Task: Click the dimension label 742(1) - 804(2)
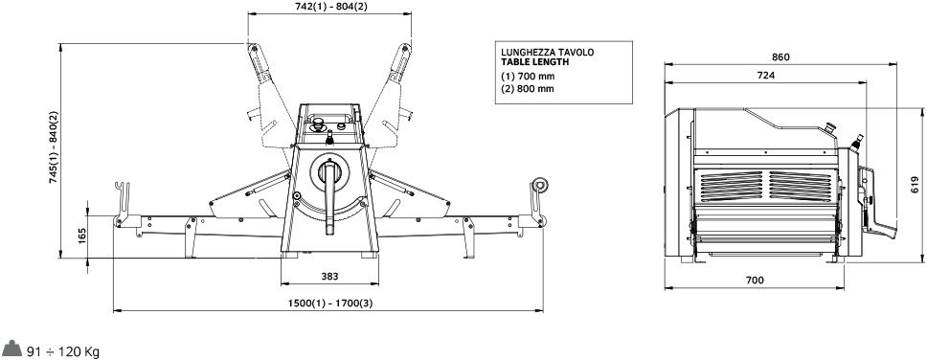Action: pyautogui.click(x=330, y=7)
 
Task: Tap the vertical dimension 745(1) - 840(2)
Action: pyautogui.click(x=54, y=147)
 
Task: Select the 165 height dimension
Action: pyautogui.click(x=81, y=236)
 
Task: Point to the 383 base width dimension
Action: pyautogui.click(x=329, y=276)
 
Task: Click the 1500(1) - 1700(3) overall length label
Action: pyautogui.click(x=330, y=304)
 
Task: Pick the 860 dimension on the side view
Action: pyautogui.click(x=780, y=57)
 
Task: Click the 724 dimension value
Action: pyautogui.click(x=765, y=75)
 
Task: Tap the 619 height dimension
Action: pyautogui.click(x=915, y=185)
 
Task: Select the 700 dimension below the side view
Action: pyautogui.click(x=755, y=281)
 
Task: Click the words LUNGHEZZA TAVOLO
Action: pyautogui.click(x=548, y=52)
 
